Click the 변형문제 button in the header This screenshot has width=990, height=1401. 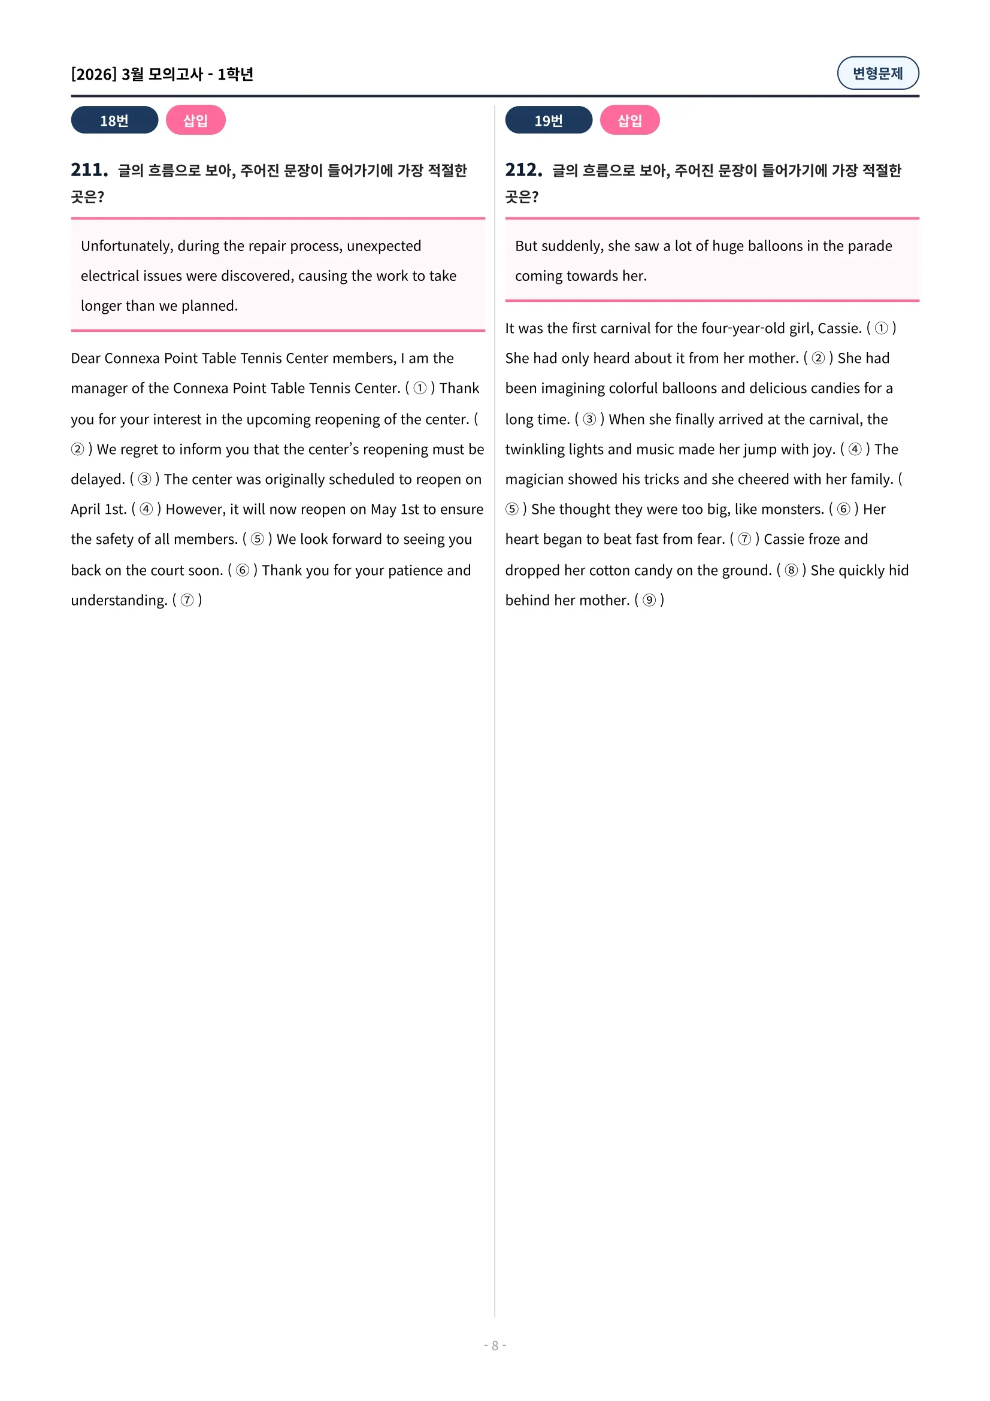[x=877, y=73]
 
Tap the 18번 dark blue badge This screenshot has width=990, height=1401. [x=114, y=120]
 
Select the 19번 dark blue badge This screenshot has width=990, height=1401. [x=549, y=120]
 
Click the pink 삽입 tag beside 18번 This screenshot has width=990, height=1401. [x=195, y=120]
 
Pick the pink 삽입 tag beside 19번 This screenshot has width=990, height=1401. [x=629, y=120]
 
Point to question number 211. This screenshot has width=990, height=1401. [x=89, y=170]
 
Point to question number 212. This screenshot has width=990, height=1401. [x=523, y=170]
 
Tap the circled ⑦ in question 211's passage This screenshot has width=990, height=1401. [x=187, y=600]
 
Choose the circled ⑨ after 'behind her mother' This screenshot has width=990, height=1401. [x=649, y=600]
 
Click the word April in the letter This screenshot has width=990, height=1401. [x=86, y=510]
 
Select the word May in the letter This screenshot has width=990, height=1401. [x=383, y=510]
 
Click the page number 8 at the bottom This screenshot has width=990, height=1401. [x=495, y=1345]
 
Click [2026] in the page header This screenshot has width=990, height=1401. [x=93, y=74]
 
